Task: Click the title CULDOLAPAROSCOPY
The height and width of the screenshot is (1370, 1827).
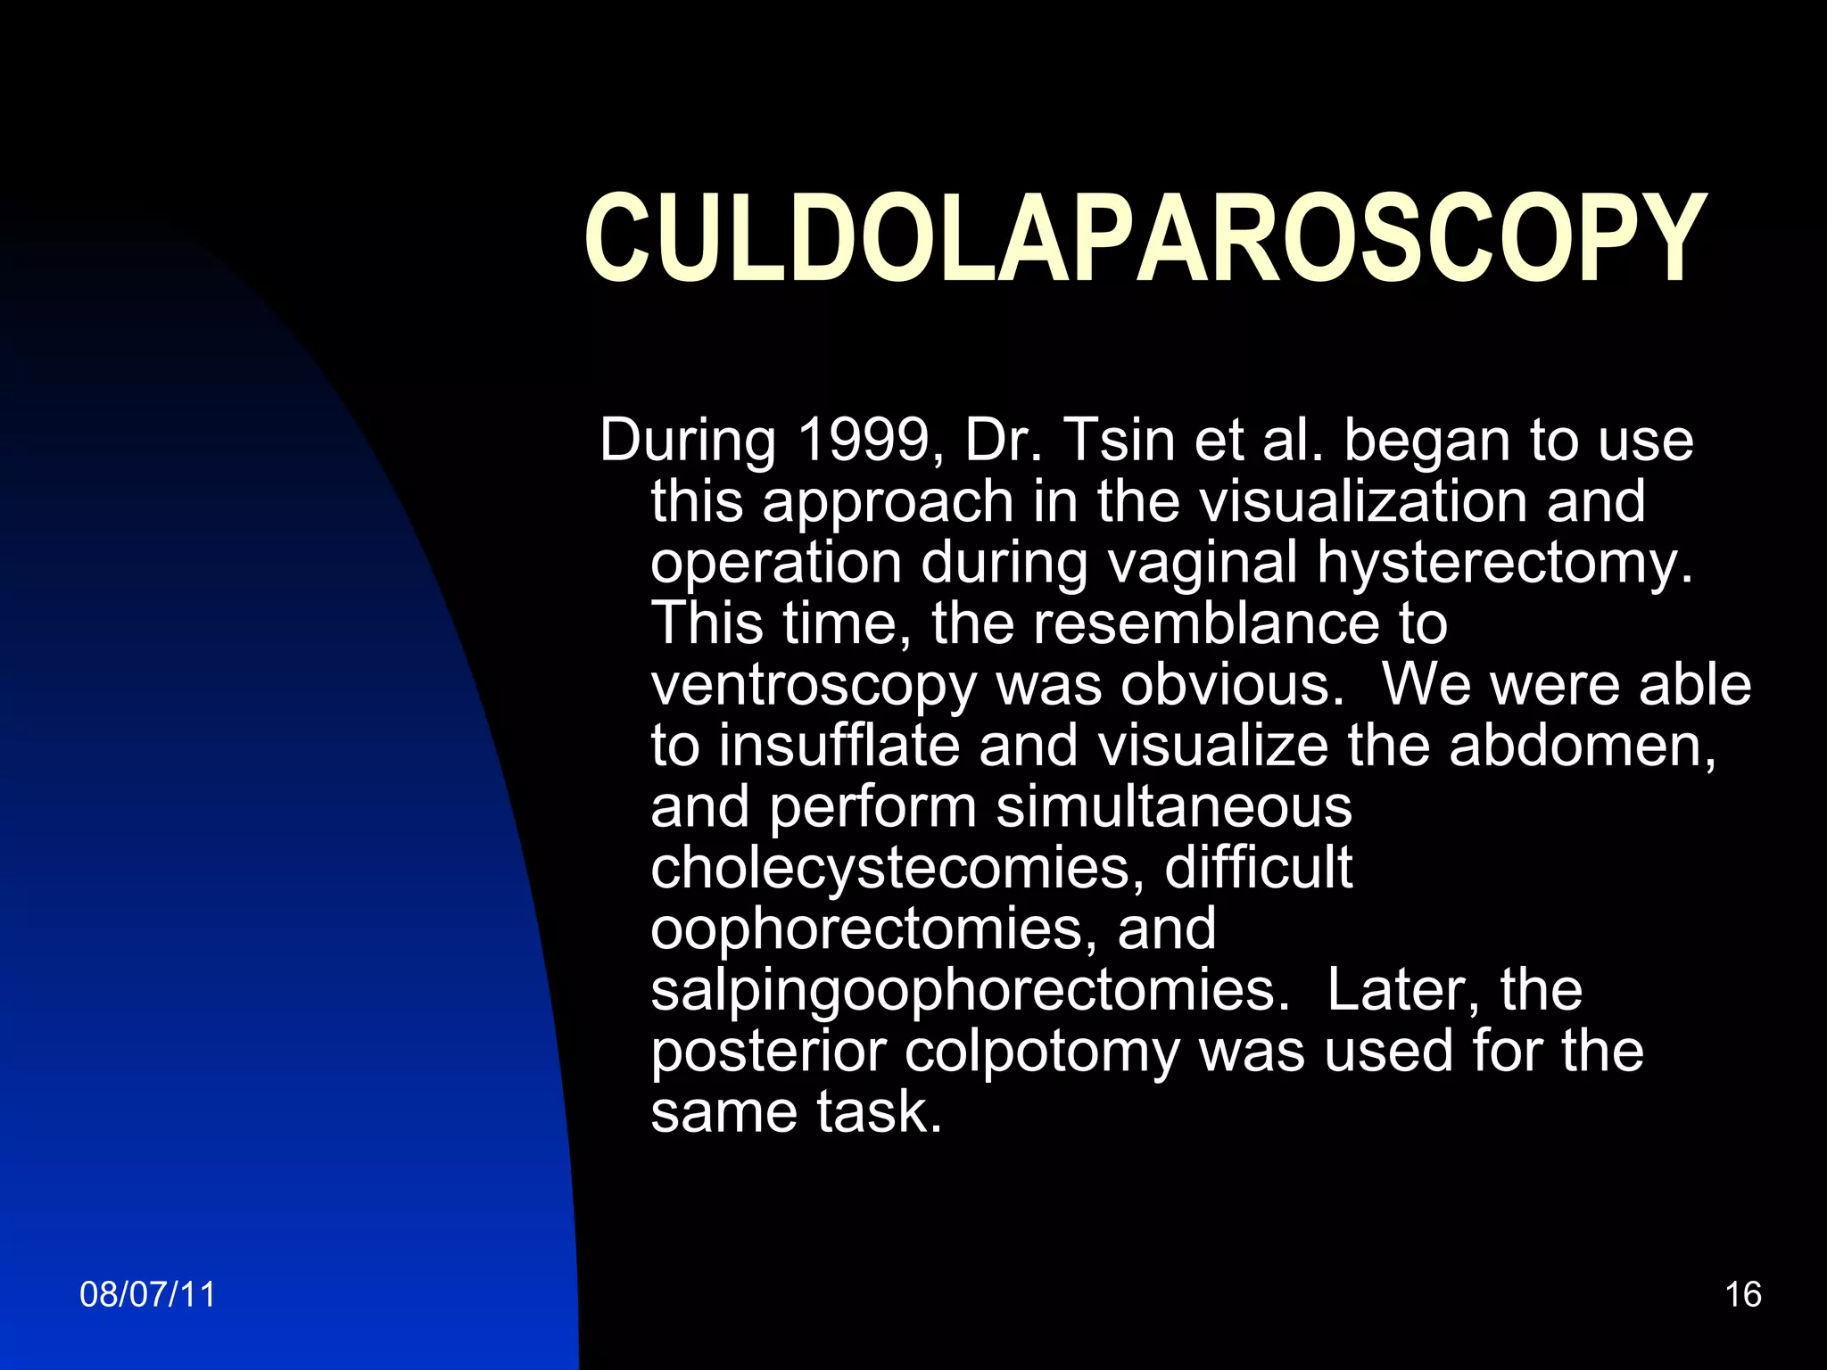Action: point(1145,239)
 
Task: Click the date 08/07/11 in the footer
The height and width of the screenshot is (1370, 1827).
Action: point(148,1294)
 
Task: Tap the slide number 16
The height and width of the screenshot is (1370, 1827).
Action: point(1742,1294)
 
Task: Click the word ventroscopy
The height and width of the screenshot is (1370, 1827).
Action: point(813,685)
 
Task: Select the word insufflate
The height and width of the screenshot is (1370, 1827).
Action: point(839,746)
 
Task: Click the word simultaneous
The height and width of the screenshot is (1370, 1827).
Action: point(1173,806)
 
